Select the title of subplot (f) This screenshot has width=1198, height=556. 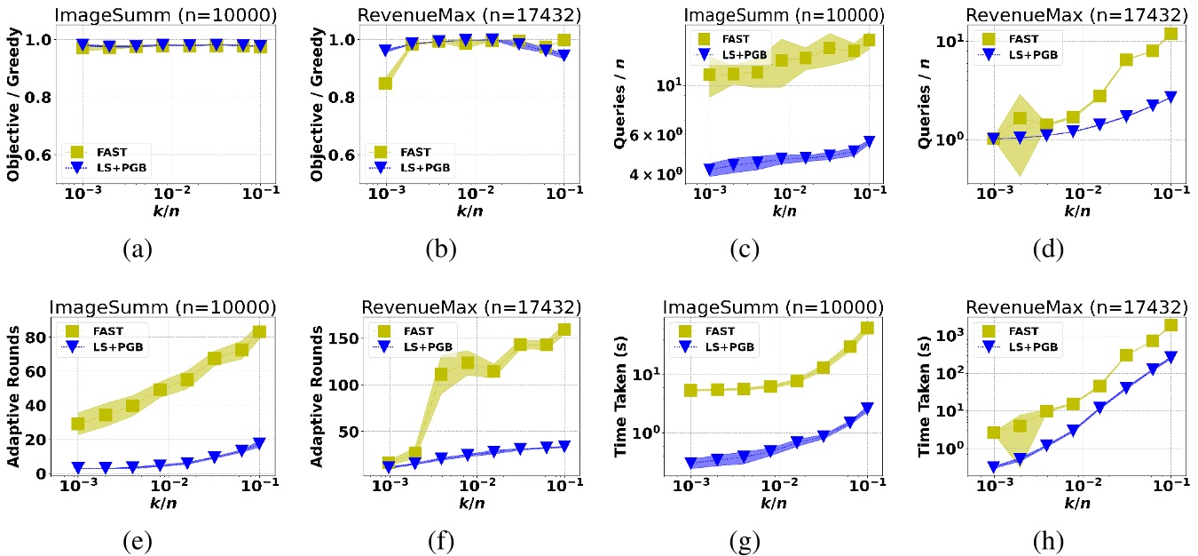471,306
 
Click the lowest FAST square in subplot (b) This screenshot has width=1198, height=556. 386,83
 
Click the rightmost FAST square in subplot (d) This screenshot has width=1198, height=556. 1171,34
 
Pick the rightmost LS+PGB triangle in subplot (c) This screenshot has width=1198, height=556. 868,142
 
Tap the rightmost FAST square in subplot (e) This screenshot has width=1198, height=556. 259,332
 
